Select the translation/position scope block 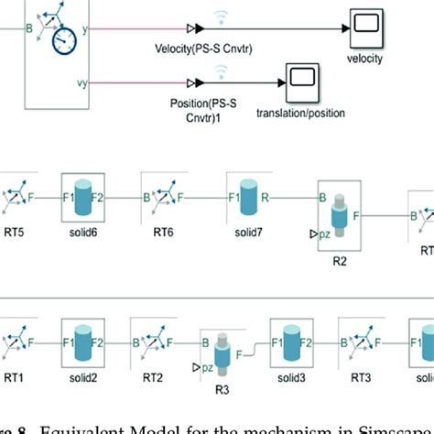point(301,81)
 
